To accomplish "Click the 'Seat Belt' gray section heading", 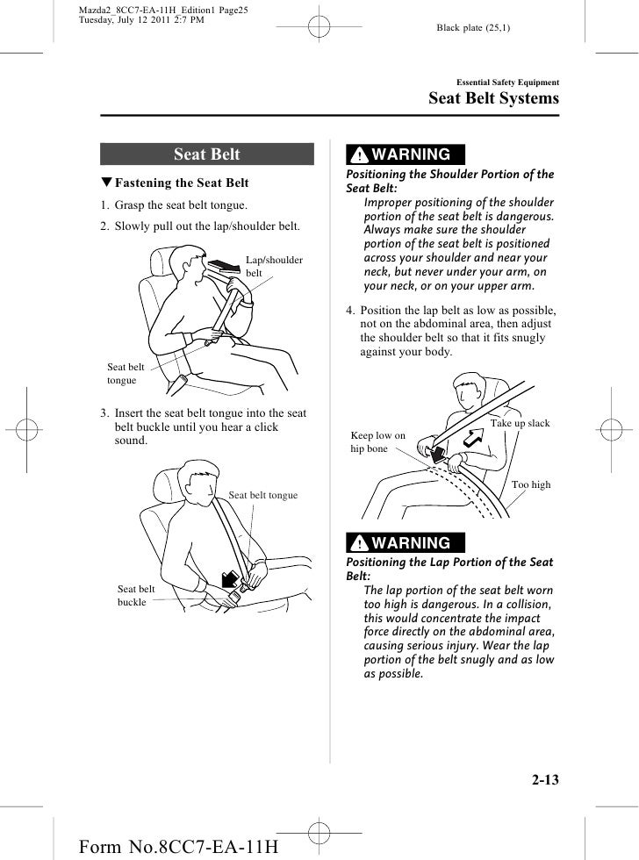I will pos(207,154).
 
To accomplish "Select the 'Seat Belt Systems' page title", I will pos(492,98).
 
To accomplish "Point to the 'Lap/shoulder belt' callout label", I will pos(273,267).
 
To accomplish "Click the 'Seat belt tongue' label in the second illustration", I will pos(262,496).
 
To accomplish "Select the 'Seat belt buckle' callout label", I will pos(133,596).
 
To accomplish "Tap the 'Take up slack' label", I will pos(520,424).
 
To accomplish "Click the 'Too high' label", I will pos(531,484).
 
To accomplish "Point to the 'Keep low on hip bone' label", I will pos(377,441).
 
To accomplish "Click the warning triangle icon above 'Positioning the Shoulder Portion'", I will pos(360,156).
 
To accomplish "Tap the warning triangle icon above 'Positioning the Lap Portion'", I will pos(360,543).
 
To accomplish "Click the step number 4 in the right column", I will pos(350,311).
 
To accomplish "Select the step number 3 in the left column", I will pos(103,413).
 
